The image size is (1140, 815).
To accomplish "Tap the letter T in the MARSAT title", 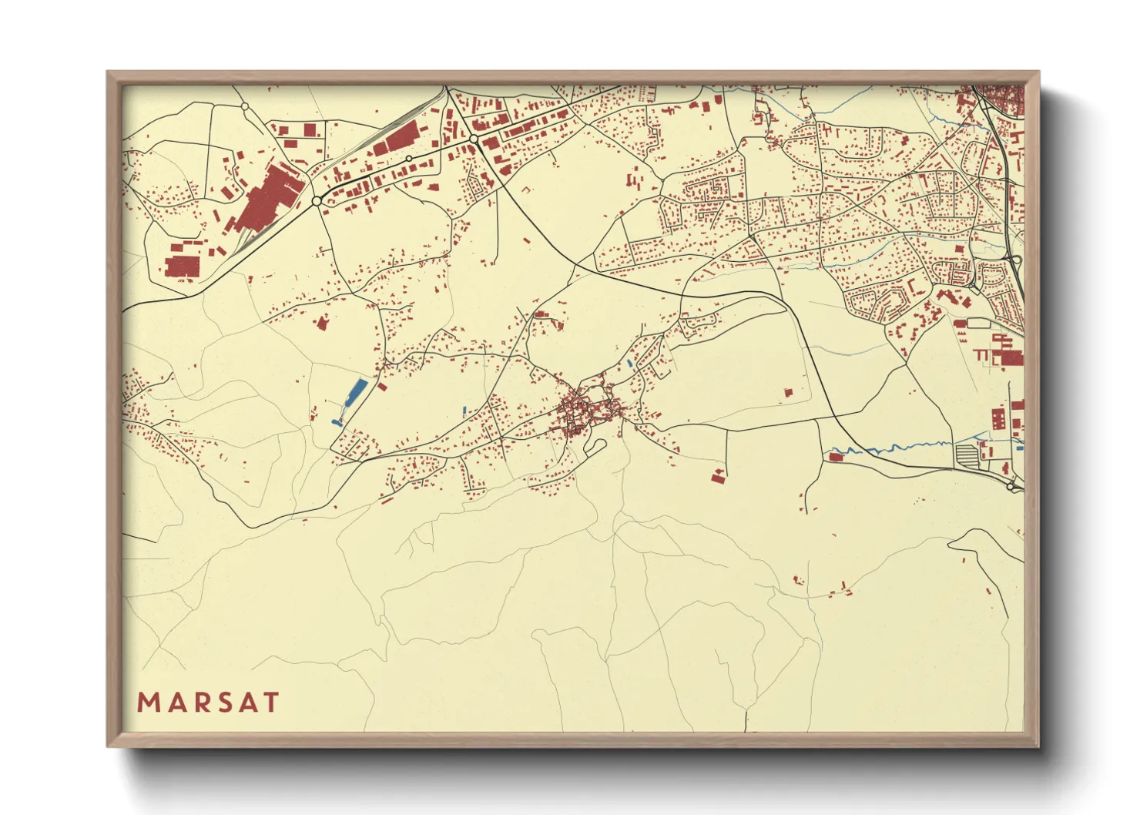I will [x=270, y=703].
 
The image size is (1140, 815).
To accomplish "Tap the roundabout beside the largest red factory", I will [x=317, y=201].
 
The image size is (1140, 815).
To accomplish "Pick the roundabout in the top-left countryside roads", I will [x=244, y=106].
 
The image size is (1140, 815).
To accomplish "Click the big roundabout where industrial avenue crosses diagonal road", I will [x=474, y=139].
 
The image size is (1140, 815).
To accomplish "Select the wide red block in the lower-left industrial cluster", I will [x=183, y=267].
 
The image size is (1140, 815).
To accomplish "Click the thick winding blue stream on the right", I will [x=886, y=448].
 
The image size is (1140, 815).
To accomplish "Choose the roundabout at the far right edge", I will [x=1012, y=486].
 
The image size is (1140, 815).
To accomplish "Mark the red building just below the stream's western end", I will [x=836, y=458].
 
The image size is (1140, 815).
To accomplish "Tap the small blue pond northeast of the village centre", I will [x=630, y=361].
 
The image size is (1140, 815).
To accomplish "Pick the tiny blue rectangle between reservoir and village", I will [x=464, y=410].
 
